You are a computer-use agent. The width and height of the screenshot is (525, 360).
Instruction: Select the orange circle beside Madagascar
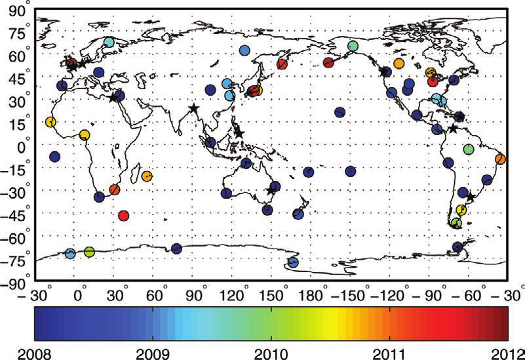(x=147, y=176)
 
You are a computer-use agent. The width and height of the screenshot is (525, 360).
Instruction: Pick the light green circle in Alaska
(x=353, y=46)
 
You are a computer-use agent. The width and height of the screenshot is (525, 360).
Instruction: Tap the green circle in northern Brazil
(x=468, y=150)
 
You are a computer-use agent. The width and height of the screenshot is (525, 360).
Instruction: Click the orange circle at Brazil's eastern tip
(x=500, y=159)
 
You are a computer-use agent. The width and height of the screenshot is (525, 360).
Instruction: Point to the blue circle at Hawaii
(x=340, y=112)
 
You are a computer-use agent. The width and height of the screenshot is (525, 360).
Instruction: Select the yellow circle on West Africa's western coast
(x=50, y=122)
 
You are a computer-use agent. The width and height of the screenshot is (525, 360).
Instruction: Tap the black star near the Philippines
(x=239, y=132)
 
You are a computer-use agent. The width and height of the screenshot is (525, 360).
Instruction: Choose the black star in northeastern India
(x=193, y=109)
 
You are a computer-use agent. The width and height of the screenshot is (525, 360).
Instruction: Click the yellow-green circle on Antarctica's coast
(x=89, y=252)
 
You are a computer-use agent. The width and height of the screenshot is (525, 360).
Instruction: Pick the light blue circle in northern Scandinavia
(x=109, y=42)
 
